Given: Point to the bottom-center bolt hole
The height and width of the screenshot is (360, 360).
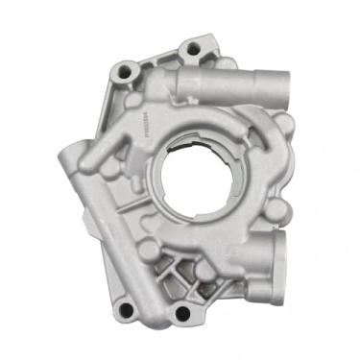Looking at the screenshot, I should click(x=181, y=313).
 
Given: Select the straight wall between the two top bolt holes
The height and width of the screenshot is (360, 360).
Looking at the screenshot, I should click(x=154, y=60).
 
